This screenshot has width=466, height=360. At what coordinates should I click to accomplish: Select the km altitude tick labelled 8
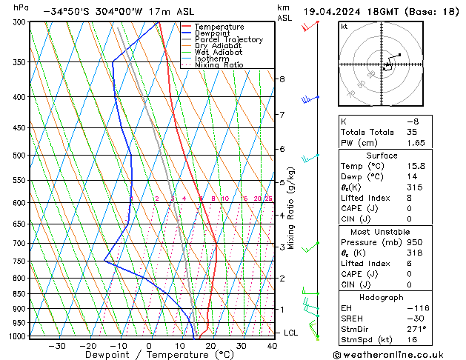pyautogui.click(x=282, y=79)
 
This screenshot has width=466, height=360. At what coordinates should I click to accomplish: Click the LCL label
pyautogui.click(x=291, y=333)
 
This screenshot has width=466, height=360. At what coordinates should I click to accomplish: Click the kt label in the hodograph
pyautogui.click(x=344, y=27)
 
